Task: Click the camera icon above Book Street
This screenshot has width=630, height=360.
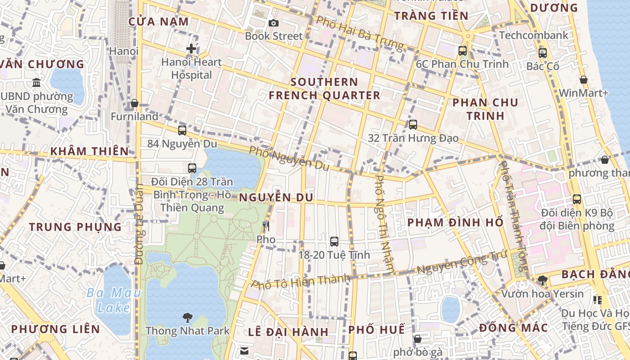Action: click(x=273, y=23)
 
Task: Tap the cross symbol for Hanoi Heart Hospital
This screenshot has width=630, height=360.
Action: click(x=191, y=49)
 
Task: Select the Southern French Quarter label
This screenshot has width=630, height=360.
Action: click(x=324, y=89)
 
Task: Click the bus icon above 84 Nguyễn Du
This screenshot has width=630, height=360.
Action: click(x=182, y=130)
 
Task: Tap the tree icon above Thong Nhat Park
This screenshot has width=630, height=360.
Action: click(x=187, y=318)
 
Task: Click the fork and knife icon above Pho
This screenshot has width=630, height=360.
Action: click(x=266, y=226)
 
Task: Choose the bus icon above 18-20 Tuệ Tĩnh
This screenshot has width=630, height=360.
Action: click(x=334, y=241)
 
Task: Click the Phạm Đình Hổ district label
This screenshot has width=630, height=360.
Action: click(x=455, y=222)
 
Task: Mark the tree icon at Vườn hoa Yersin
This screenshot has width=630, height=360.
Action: click(x=543, y=280)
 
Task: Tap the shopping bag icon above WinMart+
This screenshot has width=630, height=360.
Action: click(x=584, y=80)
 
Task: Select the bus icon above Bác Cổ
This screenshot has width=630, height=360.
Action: click(x=543, y=53)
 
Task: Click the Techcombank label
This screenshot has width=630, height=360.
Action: click(x=534, y=35)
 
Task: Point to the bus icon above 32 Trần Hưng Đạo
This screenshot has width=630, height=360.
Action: click(x=413, y=125)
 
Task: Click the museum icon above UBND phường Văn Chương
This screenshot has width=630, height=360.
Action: click(x=36, y=82)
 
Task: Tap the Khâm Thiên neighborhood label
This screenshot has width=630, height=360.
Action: click(x=90, y=151)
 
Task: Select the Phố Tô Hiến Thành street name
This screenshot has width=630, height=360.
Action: click(x=301, y=281)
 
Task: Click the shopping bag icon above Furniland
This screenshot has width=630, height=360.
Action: click(x=134, y=103)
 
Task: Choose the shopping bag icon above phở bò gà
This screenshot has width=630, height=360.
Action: click(x=418, y=338)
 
